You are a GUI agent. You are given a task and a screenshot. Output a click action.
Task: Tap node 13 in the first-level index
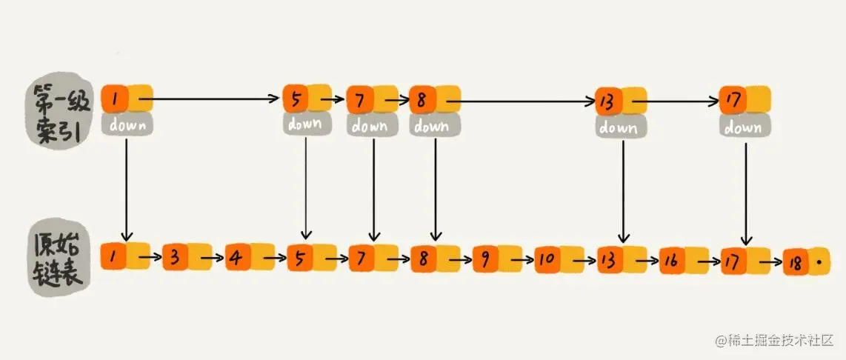click(621, 101)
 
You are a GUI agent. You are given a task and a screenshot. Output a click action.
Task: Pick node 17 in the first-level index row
click(746, 100)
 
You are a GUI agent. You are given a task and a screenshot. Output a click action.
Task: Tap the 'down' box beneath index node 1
click(127, 124)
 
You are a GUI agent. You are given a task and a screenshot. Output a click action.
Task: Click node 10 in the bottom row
click(559, 259)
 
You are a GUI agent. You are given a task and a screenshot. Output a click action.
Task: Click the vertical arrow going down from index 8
click(436, 190)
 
